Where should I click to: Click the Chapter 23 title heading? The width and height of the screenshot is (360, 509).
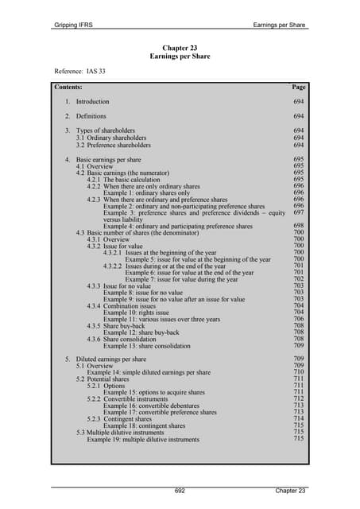coord(179,49)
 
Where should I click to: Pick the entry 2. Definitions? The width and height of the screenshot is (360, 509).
coord(85,116)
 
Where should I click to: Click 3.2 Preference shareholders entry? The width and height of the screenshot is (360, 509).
coord(113,146)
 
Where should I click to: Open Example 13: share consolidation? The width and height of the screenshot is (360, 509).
coord(146,347)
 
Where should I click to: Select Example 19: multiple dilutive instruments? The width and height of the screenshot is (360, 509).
coord(143,439)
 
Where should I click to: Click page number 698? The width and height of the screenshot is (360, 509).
coord(299,226)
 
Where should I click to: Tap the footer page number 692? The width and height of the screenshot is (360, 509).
coord(180,491)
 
